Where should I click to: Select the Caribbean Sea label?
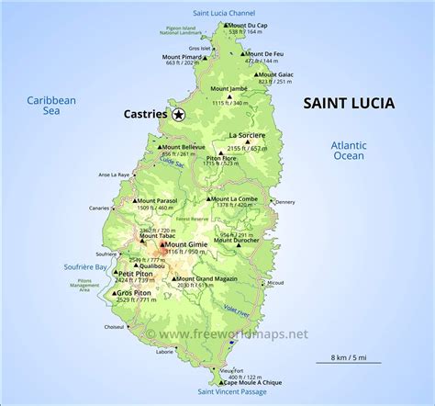(x=51, y=106)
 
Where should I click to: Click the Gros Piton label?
(x=133, y=295)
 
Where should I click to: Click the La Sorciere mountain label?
(x=253, y=135)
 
